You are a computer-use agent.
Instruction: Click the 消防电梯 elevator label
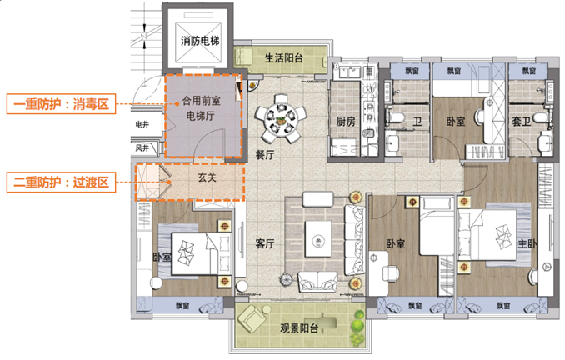(200, 41)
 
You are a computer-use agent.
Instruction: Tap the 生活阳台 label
(284, 58)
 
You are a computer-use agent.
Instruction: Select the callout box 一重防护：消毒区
(62, 104)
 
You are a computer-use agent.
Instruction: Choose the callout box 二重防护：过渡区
(62, 182)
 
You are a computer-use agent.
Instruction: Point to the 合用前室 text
(201, 101)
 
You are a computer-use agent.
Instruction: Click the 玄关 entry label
(207, 177)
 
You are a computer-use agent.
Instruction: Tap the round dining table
(280, 118)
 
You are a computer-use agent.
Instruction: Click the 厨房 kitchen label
(346, 122)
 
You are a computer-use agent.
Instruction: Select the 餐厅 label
(265, 155)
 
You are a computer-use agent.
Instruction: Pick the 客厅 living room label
(265, 244)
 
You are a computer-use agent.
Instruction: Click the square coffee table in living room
(317, 239)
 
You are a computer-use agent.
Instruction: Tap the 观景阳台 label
(299, 328)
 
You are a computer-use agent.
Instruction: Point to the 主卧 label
(527, 244)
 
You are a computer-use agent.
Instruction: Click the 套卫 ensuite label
(522, 122)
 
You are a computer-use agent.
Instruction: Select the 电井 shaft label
(142, 124)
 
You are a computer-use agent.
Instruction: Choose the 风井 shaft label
(142, 147)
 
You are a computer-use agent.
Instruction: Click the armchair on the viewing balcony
(252, 318)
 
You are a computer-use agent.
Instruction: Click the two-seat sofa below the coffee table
(317, 282)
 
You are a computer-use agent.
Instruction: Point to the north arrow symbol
(144, 36)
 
